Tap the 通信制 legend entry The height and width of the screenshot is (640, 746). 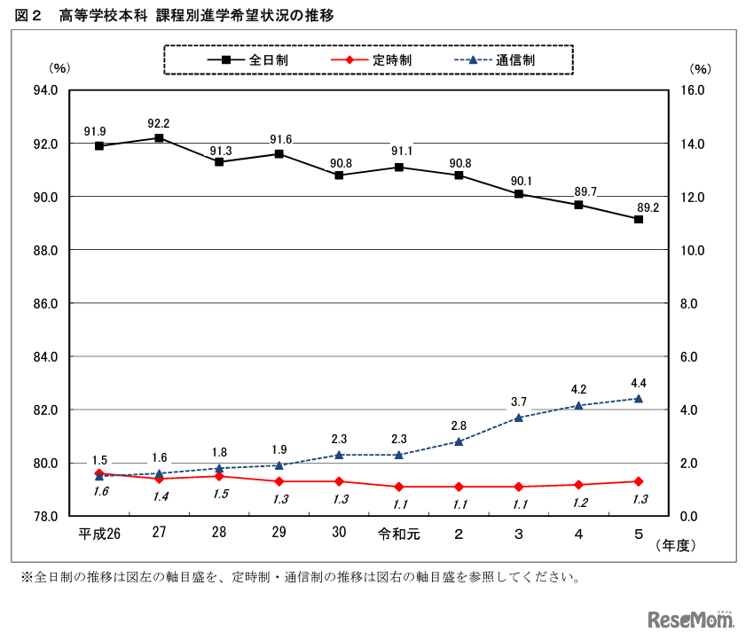coord(500,60)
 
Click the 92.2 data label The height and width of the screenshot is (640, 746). coord(160,123)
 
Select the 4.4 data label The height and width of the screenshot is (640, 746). coord(638,383)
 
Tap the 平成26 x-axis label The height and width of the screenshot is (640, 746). coord(99,534)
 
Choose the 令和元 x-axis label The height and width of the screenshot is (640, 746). coord(398,534)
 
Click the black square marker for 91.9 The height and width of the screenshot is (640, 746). coord(99,145)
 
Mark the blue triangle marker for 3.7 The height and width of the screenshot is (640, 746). coord(519,418)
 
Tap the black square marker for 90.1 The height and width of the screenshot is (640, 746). coord(519,194)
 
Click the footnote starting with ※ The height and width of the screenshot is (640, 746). coord(302,578)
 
